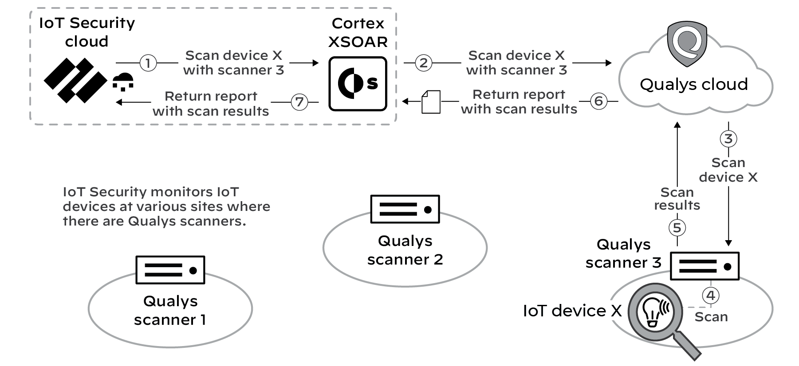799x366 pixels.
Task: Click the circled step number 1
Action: pyautogui.click(x=148, y=63)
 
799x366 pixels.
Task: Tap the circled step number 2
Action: pyautogui.click(x=424, y=63)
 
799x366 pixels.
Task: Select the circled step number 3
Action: pyautogui.click(x=728, y=139)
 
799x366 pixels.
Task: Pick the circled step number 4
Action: pyautogui.click(x=711, y=296)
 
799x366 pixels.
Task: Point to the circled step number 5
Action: pyautogui.click(x=677, y=228)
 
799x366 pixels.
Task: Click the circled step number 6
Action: pyautogui.click(x=598, y=101)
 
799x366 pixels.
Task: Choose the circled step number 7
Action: pyautogui.click(x=299, y=102)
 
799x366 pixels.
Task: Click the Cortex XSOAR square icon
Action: pyautogui.click(x=358, y=83)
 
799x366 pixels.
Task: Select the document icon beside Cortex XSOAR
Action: pyautogui.click(x=431, y=102)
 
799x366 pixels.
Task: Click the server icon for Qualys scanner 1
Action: pyautogui.click(x=170, y=269)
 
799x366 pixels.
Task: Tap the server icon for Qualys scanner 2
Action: pyautogui.click(x=405, y=209)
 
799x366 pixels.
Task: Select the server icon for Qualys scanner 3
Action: pyautogui.click(x=705, y=266)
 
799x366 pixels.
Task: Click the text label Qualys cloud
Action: pyautogui.click(x=693, y=84)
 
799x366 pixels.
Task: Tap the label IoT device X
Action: pyautogui.click(x=572, y=311)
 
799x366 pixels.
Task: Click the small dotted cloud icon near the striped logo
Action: pyautogui.click(x=123, y=82)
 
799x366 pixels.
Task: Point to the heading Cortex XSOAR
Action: pyautogui.click(x=358, y=32)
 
